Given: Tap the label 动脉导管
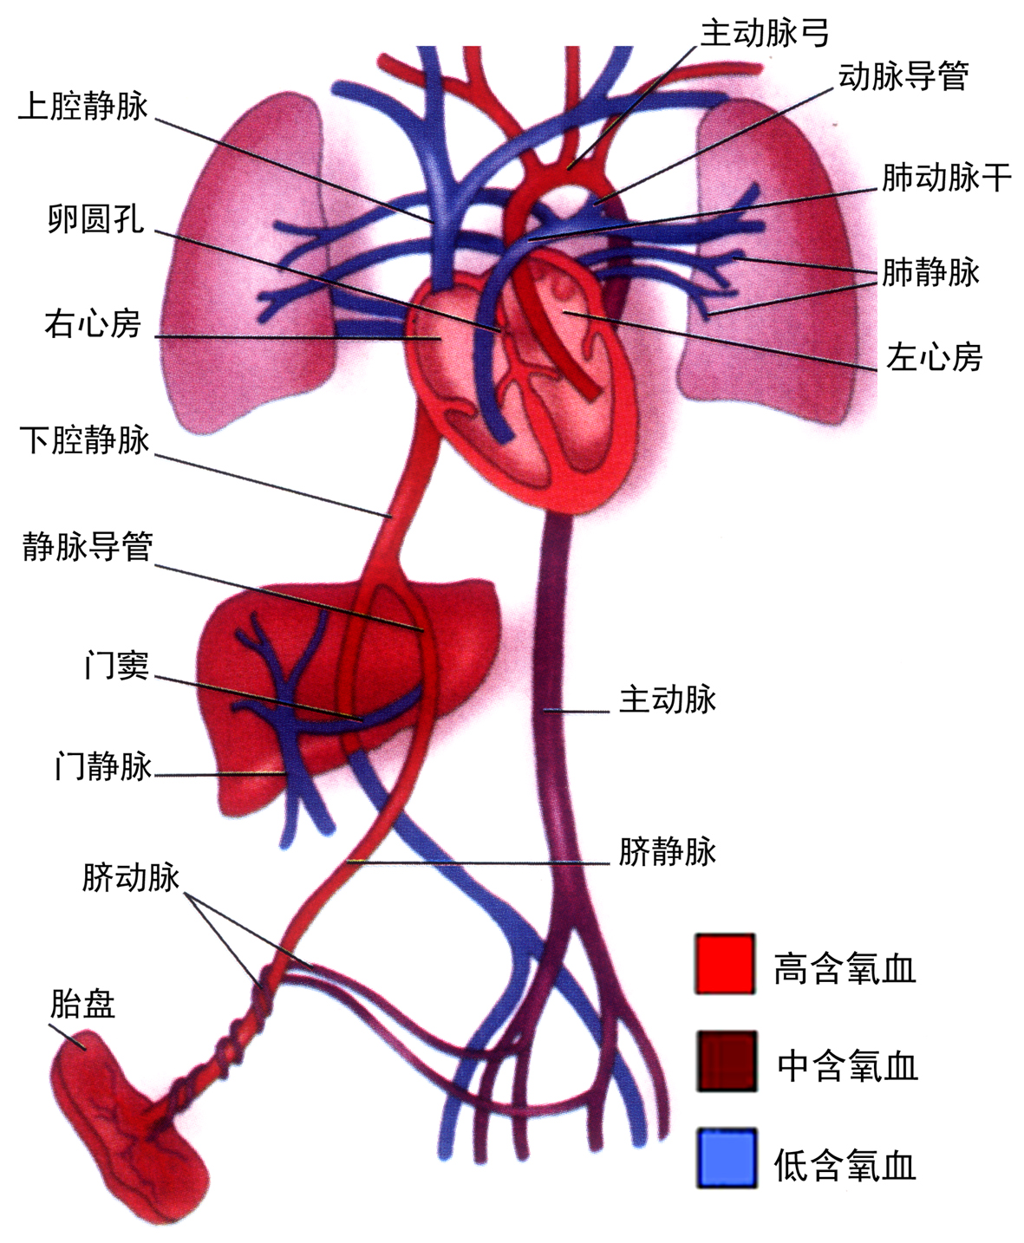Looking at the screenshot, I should click(903, 77).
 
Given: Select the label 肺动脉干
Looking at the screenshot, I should click(946, 178).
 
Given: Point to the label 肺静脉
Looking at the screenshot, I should click(930, 272).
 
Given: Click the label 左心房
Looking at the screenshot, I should click(934, 356).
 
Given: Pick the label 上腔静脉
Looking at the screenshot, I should click(83, 107).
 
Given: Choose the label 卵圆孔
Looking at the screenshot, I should click(95, 218).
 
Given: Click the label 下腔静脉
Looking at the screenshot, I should click(85, 440).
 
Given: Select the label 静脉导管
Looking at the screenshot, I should click(88, 547).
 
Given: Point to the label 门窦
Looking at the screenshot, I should click(116, 666).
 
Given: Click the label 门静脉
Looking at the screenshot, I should click(103, 766).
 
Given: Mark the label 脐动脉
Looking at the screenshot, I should click(131, 877).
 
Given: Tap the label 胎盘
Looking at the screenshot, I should click(82, 1005).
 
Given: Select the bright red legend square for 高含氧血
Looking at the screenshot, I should click(725, 964).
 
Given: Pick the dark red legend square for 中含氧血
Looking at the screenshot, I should click(725, 1060).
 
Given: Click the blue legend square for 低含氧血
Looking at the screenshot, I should click(727, 1157).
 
